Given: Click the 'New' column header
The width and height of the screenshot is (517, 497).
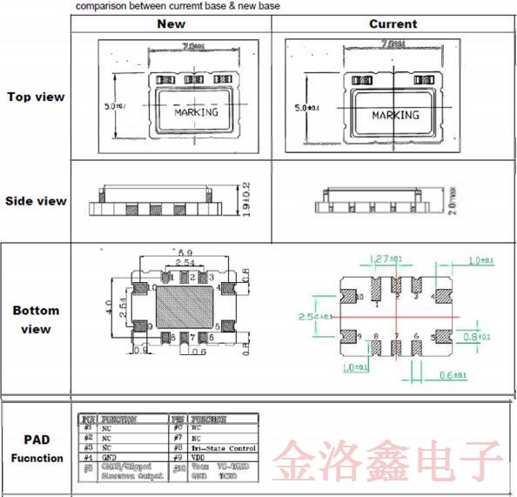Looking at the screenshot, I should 171,24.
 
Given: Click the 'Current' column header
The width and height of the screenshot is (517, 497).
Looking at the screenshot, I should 393,24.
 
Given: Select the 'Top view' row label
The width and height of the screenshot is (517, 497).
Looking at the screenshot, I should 36,97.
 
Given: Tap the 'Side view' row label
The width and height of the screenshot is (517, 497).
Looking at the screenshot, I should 36,201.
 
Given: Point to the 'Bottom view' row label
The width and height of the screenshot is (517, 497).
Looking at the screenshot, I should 36,319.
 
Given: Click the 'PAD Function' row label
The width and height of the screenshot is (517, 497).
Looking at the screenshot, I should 37,449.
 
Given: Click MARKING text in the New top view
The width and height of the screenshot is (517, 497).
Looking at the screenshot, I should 196,112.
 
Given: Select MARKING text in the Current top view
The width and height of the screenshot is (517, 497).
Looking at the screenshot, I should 395,115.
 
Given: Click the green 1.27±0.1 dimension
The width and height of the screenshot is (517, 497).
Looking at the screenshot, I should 385,259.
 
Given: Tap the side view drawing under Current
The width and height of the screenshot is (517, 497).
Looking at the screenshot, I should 373,201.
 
